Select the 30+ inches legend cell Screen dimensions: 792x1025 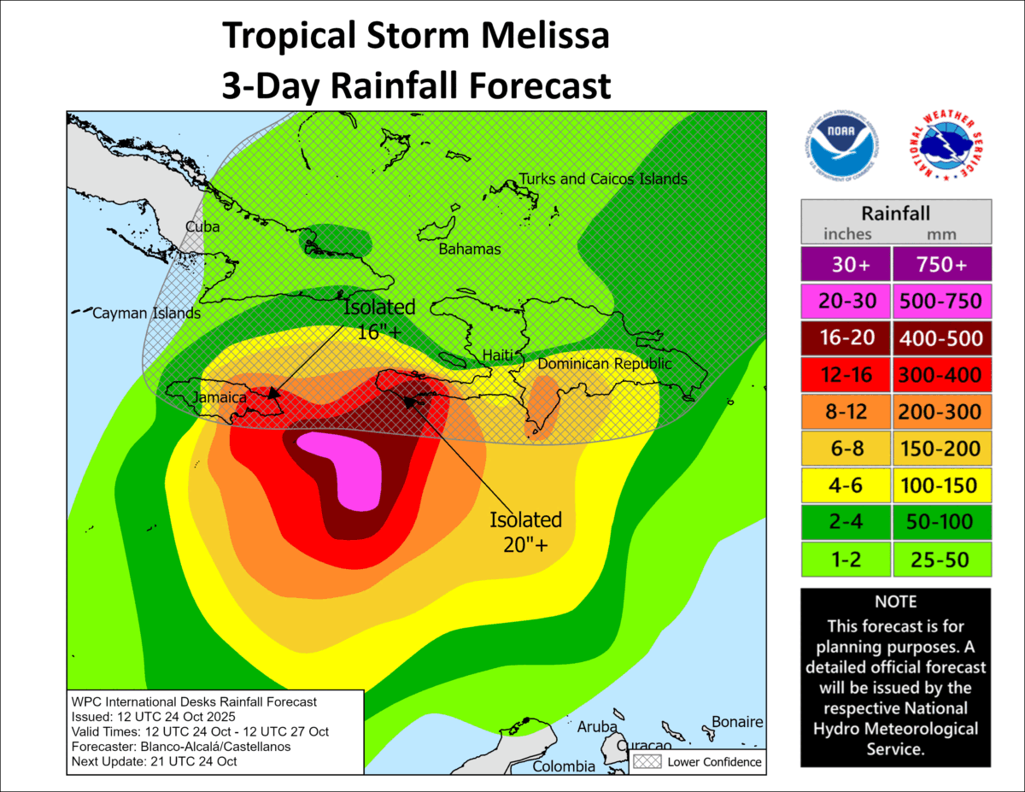(x=845, y=265)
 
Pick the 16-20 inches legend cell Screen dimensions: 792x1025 (x=845, y=337)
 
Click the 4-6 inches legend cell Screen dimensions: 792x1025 (x=845, y=485)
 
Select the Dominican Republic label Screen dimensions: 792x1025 (x=604, y=364)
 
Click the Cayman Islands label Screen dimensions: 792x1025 (x=146, y=314)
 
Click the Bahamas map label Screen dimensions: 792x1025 (x=469, y=249)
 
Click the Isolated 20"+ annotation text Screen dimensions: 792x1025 (x=525, y=531)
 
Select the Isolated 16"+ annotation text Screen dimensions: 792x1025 (x=379, y=319)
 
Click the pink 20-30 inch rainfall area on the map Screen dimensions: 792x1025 (x=350, y=467)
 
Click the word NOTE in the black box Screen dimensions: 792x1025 (x=895, y=601)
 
